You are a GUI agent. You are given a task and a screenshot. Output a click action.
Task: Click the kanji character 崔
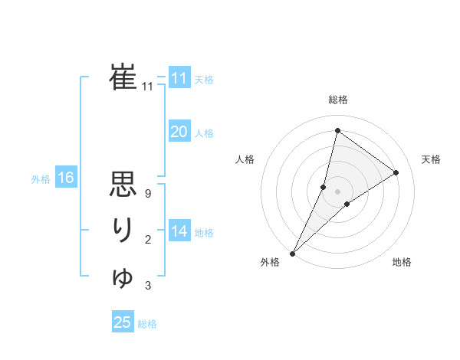pos(123,77)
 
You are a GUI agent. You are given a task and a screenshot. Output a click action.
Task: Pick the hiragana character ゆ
pos(123,277)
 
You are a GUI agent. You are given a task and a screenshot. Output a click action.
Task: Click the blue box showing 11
pos(179,78)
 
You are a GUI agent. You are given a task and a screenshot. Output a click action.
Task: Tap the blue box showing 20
pos(179,132)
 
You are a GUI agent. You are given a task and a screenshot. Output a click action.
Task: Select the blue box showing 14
pos(179,231)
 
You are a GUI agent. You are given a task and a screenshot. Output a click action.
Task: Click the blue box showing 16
pos(65,178)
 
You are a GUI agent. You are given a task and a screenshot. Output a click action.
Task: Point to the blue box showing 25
pos(123,322)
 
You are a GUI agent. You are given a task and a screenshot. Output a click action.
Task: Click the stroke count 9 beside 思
pos(148,194)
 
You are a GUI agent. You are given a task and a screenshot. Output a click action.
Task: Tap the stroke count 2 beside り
pos(148,240)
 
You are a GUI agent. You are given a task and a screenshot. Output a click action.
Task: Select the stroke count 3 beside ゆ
pos(148,286)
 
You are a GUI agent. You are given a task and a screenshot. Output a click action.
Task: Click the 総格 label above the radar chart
pos(338,100)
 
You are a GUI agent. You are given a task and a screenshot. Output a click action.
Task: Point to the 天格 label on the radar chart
pos(431,159)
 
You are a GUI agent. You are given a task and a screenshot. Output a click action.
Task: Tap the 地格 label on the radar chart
pos(402,262)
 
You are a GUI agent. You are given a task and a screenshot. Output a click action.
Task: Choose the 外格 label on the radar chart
pos(270,262)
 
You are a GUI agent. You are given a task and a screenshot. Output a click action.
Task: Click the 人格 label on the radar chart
pos(245,159)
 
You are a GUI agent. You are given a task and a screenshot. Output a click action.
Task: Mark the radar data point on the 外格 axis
pos(293,253)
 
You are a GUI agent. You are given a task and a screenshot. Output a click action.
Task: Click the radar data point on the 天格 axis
pos(396,172)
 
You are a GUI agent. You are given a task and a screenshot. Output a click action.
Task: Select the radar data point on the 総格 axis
pos(337,131)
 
